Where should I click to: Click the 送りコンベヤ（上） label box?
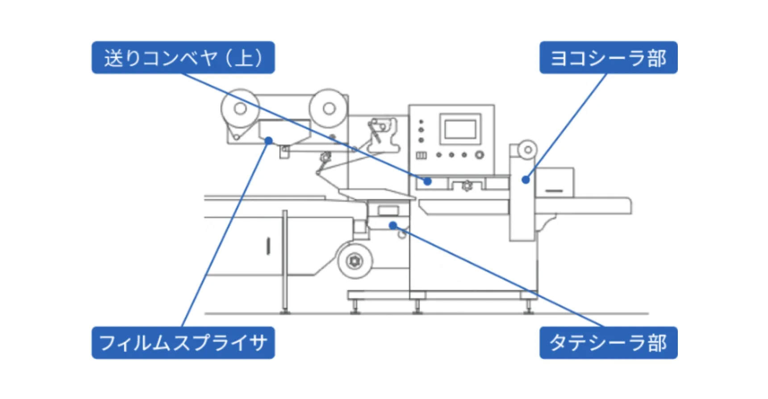click(x=183, y=58)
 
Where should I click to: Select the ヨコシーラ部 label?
click(x=608, y=58)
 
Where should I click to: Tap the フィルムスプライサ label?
click(x=183, y=343)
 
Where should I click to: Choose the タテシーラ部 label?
click(x=608, y=343)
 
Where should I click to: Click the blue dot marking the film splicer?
click(x=268, y=141)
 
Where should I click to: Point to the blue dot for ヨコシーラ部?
click(x=526, y=180)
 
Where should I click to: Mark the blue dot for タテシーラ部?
click(x=393, y=225)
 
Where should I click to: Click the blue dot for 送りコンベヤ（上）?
click(x=427, y=181)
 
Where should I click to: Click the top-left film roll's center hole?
click(x=240, y=108)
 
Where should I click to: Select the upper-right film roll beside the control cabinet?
click(x=329, y=108)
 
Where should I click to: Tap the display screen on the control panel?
click(x=460, y=129)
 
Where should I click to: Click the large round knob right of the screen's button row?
click(x=479, y=155)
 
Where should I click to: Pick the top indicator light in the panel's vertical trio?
click(x=421, y=121)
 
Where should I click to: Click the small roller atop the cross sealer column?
click(x=527, y=150)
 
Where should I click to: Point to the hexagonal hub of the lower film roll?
click(x=355, y=261)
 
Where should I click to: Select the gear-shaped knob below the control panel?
click(x=467, y=186)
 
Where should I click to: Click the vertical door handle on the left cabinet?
click(x=268, y=246)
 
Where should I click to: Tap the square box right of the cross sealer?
click(x=555, y=182)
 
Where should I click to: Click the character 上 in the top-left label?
click(x=244, y=58)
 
